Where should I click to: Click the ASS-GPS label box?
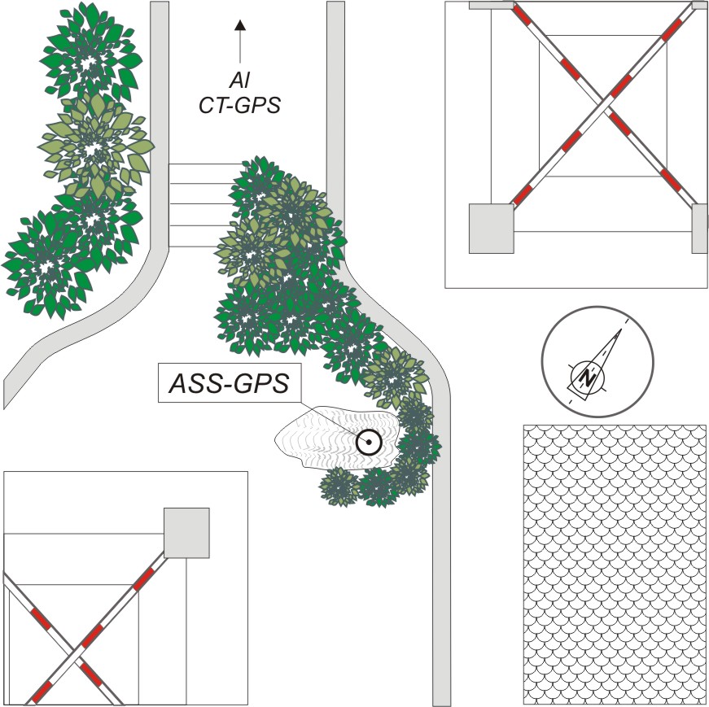tap(229, 383)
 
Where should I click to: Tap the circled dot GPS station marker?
tap(369, 442)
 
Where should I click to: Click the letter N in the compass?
tap(587, 378)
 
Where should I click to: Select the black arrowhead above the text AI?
tap(239, 25)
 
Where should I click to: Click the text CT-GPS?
tap(239, 105)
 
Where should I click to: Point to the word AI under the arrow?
tap(239, 81)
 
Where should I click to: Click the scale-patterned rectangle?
tap(615, 564)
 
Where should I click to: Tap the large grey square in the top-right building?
tap(491, 229)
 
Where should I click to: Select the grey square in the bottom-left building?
tap(186, 533)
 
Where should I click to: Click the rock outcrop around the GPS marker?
tap(337, 438)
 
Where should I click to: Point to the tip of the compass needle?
tap(622, 329)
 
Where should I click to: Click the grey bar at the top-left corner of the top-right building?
tap(491, 5)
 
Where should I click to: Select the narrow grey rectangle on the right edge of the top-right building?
tap(699, 229)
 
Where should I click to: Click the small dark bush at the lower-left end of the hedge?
tap(339, 487)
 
